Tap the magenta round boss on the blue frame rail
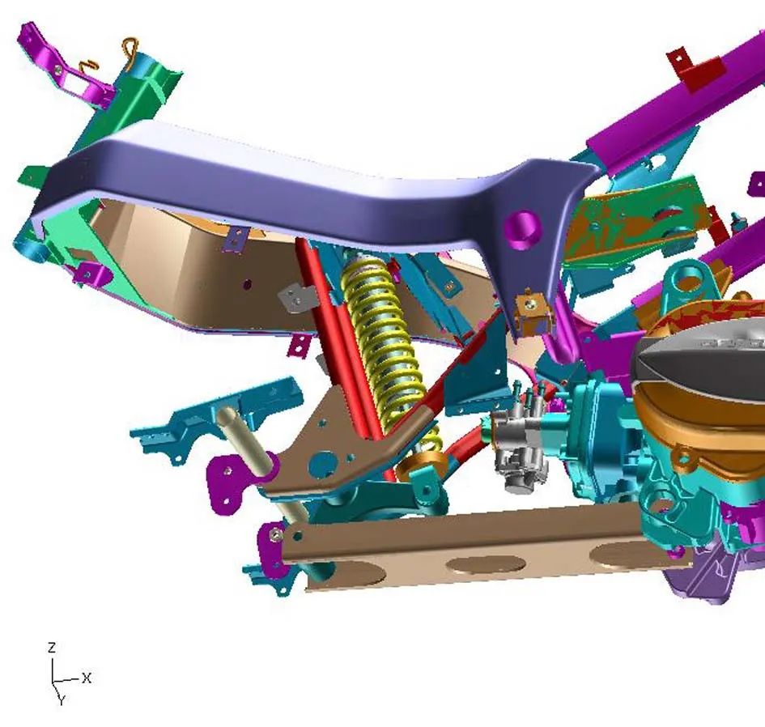coord(523,227)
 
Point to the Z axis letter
coord(52,648)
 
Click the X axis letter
coord(87,678)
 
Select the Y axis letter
coord(62,700)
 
